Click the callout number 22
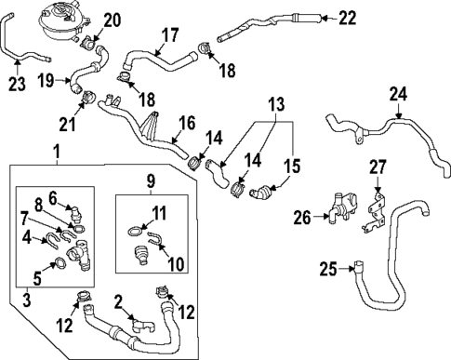point(346,17)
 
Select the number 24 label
point(398,94)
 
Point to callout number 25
point(327,270)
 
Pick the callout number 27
point(378,168)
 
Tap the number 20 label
point(113,20)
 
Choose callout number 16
point(187,123)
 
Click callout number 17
point(169,36)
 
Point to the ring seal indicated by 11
point(135,229)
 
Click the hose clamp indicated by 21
point(89,95)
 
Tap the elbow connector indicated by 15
point(265,193)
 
